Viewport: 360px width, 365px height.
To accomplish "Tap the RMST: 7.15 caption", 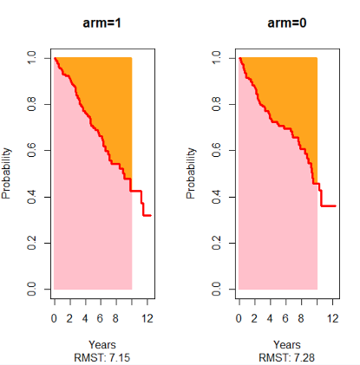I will coord(102,357).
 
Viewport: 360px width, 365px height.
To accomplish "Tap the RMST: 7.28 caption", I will coord(287,357).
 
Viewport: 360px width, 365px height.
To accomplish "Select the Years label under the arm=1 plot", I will coord(102,344).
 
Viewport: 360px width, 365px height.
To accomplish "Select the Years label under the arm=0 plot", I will coord(287,344).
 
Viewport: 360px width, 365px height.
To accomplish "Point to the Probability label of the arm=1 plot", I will coord(7,173).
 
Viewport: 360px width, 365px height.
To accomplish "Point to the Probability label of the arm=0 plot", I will coord(192,173).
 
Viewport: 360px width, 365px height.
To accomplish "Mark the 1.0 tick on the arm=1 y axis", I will coord(32,58).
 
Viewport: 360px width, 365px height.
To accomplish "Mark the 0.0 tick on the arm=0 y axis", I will coord(217,289).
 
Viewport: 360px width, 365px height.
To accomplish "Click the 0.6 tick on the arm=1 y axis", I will coord(32,150).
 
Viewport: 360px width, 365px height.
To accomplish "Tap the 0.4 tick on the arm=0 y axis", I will coord(217,197).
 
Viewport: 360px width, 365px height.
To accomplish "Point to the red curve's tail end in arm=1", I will coord(152,215).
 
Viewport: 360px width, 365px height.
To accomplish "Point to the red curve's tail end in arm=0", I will coord(336,206).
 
